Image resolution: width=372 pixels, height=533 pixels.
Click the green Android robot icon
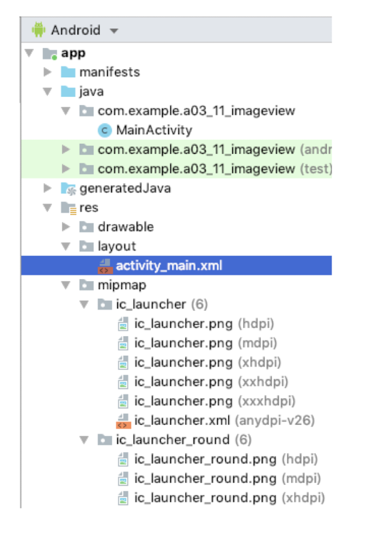[x=39, y=30]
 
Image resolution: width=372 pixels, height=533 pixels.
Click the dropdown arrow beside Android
[x=114, y=31]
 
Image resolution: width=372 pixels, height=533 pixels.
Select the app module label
[x=73, y=53]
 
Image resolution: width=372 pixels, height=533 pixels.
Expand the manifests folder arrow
[x=47, y=72]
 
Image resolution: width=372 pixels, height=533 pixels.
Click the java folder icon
[x=68, y=91]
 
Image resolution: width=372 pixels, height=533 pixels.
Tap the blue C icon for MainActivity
[x=104, y=130]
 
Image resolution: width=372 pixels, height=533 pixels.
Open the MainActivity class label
[x=154, y=130]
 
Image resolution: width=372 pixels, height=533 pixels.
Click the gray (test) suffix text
[x=316, y=168]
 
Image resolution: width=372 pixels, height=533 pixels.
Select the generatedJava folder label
[x=125, y=188]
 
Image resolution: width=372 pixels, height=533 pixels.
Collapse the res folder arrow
[x=47, y=208]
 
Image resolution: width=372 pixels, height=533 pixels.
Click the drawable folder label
[x=126, y=227]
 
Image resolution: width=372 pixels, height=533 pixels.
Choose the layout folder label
[x=117, y=246]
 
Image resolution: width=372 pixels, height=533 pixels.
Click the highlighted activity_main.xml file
[x=169, y=265]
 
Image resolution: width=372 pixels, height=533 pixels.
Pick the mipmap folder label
[x=122, y=285]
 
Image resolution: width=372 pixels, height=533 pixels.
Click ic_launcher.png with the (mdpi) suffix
[x=206, y=343]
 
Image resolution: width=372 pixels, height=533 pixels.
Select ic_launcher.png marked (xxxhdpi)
[x=214, y=401]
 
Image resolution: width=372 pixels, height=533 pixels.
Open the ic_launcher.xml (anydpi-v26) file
[x=224, y=420]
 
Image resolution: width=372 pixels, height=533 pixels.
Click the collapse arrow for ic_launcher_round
[x=84, y=440]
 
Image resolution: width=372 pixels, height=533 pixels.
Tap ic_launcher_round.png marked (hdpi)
[x=226, y=459]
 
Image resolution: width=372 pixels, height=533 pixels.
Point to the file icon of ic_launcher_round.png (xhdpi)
[x=123, y=498]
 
